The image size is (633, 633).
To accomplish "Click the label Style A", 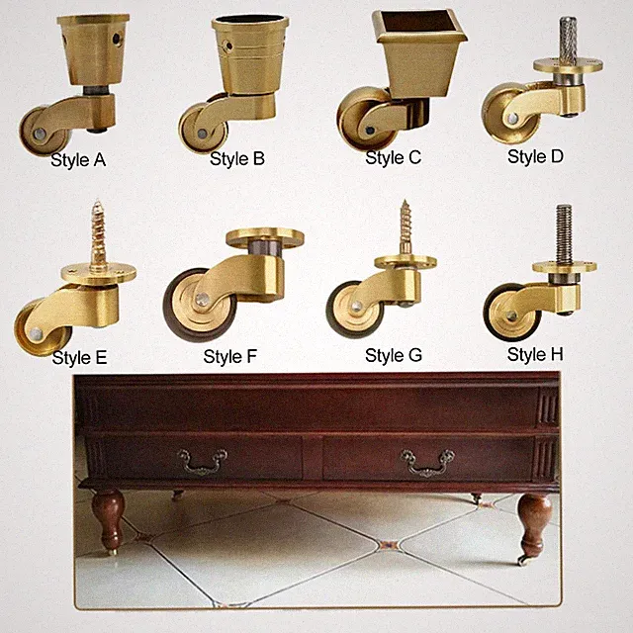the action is pyautogui.click(x=78, y=160).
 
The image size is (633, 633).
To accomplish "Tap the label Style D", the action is pyautogui.click(x=535, y=156).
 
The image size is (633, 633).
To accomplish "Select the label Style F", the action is pyautogui.click(x=230, y=356).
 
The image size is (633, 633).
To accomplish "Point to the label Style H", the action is pyautogui.click(x=535, y=355).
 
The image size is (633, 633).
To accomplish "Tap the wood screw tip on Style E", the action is pyautogui.click(x=97, y=202).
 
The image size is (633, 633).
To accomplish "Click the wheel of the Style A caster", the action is pyautogui.click(x=44, y=131).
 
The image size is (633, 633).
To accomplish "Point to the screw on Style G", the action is pyautogui.click(x=406, y=228).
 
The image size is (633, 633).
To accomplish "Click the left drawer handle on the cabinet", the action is pyautogui.click(x=202, y=461).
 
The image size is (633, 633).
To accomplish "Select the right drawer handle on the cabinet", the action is pyautogui.click(x=427, y=463).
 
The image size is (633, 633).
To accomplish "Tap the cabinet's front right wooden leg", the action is pyautogui.click(x=534, y=525).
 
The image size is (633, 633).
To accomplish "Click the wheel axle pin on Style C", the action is pyautogui.click(x=370, y=130).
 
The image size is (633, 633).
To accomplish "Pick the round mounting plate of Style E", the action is pyautogui.click(x=99, y=274).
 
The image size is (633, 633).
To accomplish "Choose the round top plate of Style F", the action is pyautogui.click(x=265, y=237).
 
